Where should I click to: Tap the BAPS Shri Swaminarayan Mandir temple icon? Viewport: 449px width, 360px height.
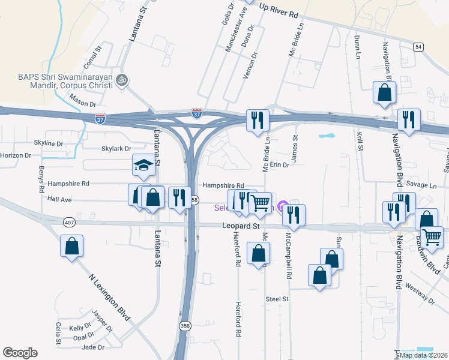coord(122,80)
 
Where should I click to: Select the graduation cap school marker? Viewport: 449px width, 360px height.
coord(143,164)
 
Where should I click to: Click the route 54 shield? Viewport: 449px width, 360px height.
coord(418,46)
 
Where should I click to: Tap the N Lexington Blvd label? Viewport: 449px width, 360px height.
coord(110,298)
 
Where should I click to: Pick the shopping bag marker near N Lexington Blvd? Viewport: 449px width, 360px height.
coord(71,245)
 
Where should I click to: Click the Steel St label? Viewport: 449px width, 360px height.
coord(277,298)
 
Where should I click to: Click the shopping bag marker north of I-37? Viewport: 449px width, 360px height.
coord(384,92)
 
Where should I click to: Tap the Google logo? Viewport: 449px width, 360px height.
coord(20,353)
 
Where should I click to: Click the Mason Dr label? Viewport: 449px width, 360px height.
coord(83,104)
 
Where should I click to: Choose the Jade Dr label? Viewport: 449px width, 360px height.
coord(93,347)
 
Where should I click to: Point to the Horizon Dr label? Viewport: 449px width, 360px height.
coord(16,155)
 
